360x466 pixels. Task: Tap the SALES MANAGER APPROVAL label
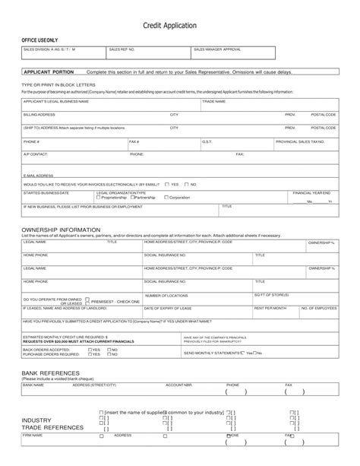217,48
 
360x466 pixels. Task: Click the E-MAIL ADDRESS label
39,175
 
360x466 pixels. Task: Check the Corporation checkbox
166,198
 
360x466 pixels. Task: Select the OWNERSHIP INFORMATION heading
61,229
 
